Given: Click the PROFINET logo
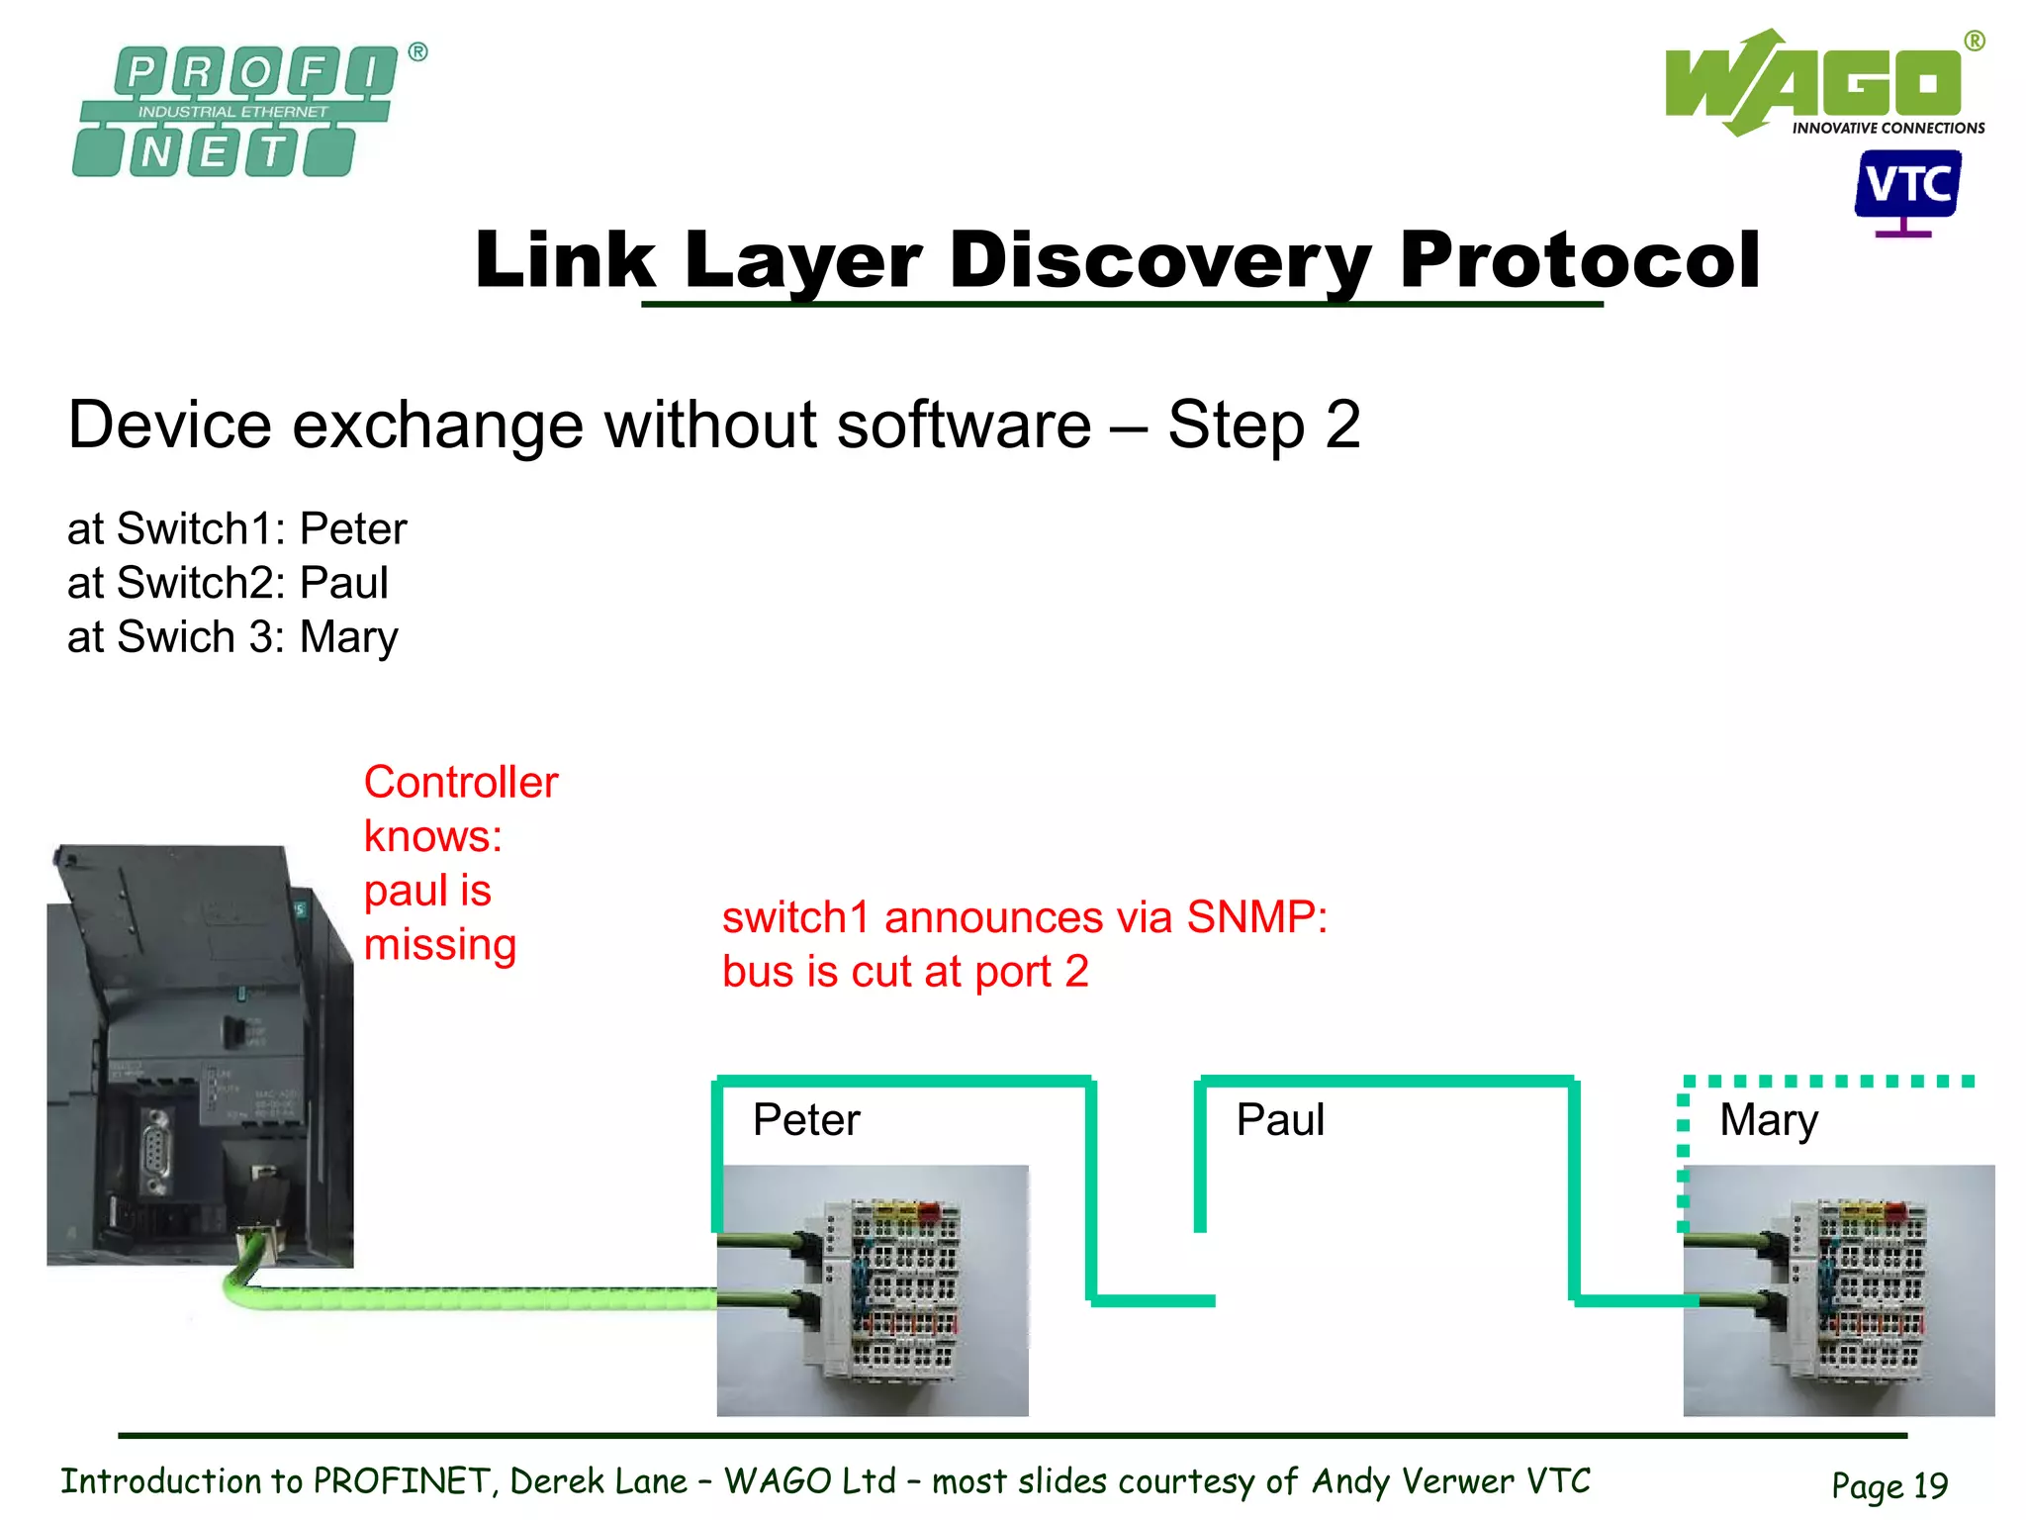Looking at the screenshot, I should (237, 111).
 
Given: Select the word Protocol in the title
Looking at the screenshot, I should (1579, 259).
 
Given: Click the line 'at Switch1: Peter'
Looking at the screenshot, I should (236, 528).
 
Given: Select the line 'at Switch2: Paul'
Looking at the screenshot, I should (228, 583).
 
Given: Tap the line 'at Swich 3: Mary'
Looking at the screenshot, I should (232, 637).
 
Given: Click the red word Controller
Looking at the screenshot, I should (461, 783).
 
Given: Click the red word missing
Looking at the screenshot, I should (440, 945).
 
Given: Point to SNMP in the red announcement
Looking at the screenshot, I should (1256, 917).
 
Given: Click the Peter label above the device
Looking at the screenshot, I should (806, 1120).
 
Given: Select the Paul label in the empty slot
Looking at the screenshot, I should (1279, 1120).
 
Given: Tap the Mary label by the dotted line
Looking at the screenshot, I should (1768, 1120).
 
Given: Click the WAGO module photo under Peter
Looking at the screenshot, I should (873, 1290).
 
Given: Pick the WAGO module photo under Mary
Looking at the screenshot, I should (1838, 1290).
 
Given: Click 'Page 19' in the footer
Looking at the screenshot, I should (1888, 1485).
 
